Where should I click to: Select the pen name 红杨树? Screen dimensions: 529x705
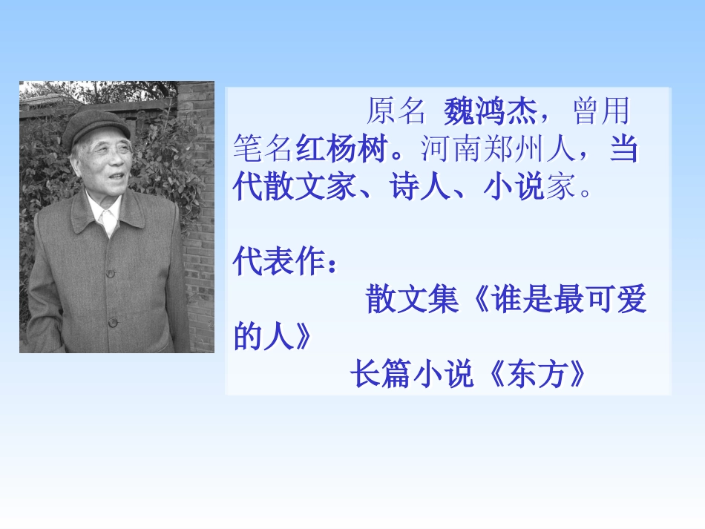pos(341,150)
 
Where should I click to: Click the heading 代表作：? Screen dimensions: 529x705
pos(284,263)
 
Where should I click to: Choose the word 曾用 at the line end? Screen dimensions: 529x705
pos(601,112)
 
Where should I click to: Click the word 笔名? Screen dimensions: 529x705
pos(263,150)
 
